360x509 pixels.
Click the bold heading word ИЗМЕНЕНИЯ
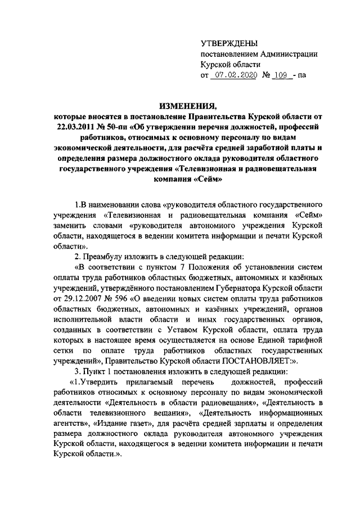pos(180,106)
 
